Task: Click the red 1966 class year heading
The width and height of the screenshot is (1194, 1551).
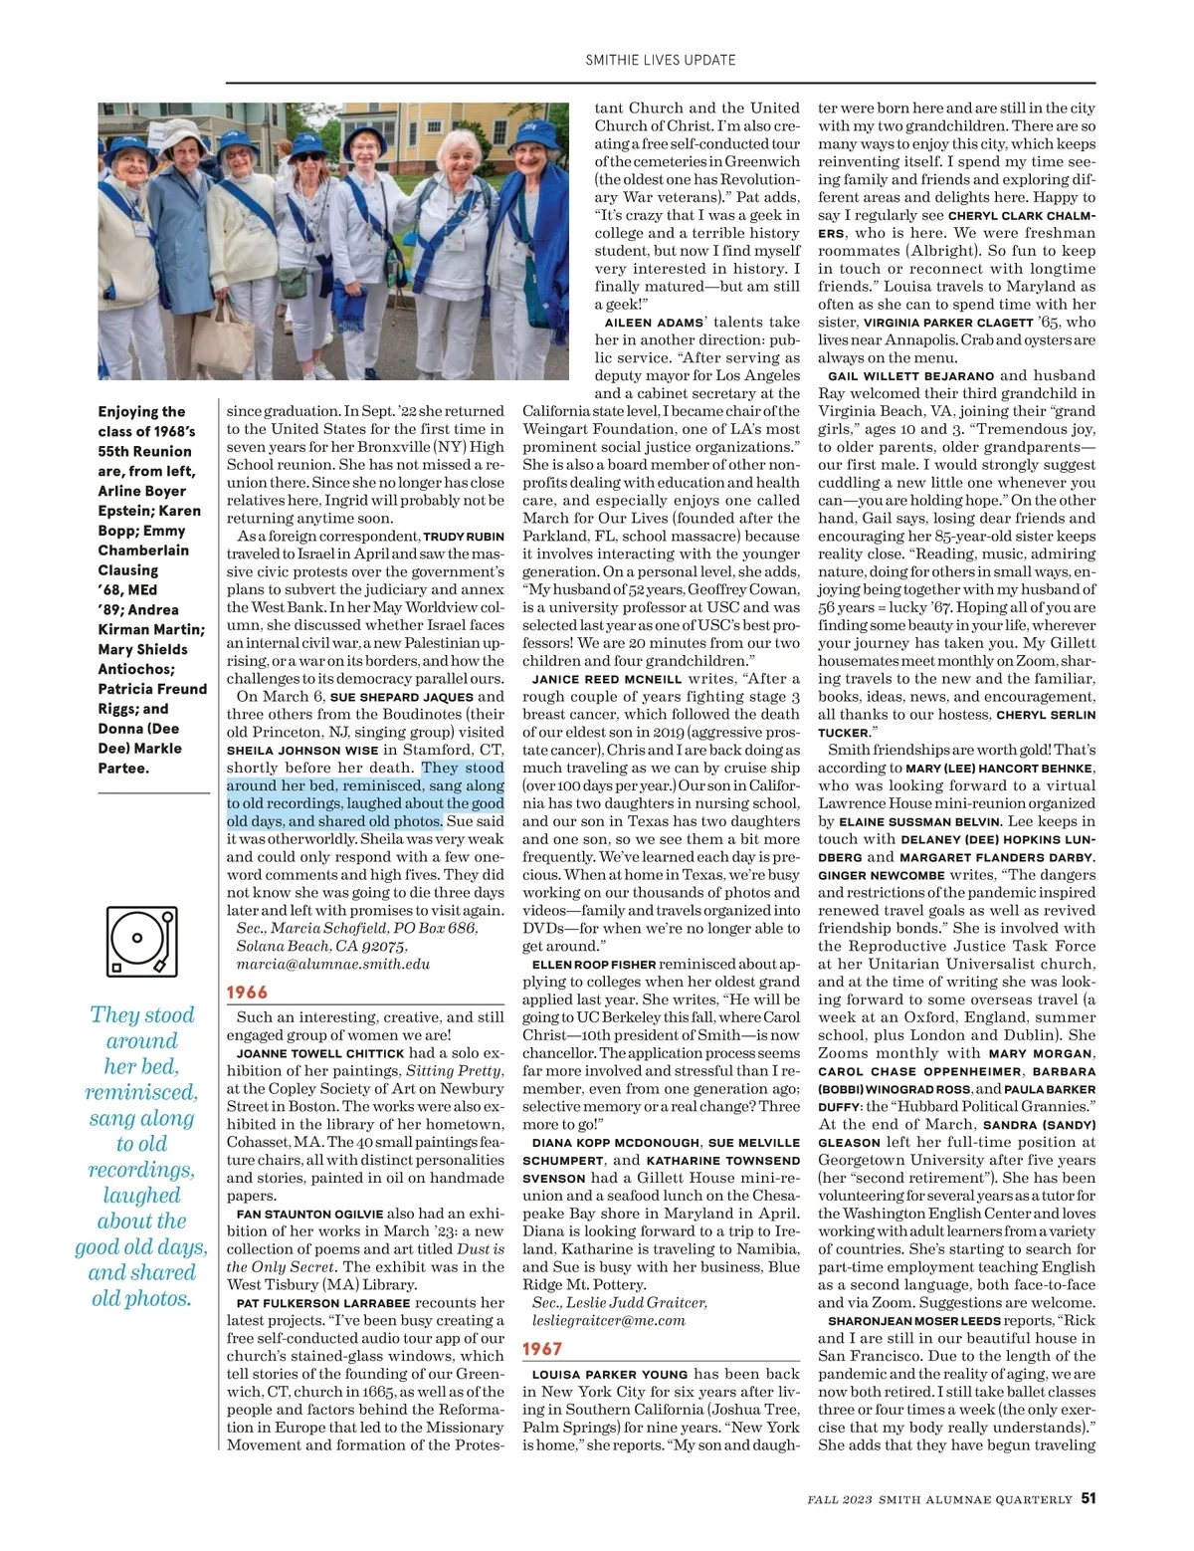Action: pos(247,992)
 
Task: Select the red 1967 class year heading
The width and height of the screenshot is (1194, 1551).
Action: pos(542,1349)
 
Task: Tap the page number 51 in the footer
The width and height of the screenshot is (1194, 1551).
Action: pos(1089,1498)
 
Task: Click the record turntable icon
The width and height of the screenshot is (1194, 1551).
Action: pos(141,941)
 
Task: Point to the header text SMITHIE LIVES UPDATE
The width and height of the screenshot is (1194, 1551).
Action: pos(660,60)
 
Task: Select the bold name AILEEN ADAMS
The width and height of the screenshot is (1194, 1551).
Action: pos(654,323)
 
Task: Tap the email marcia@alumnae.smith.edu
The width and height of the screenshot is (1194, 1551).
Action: pos(333,964)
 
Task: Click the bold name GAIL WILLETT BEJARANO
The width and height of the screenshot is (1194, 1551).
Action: pos(910,376)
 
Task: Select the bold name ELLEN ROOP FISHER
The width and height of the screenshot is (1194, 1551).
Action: pos(593,965)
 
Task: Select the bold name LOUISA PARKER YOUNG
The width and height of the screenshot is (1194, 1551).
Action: pos(610,1375)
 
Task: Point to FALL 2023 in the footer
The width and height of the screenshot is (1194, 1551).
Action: pos(842,1499)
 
